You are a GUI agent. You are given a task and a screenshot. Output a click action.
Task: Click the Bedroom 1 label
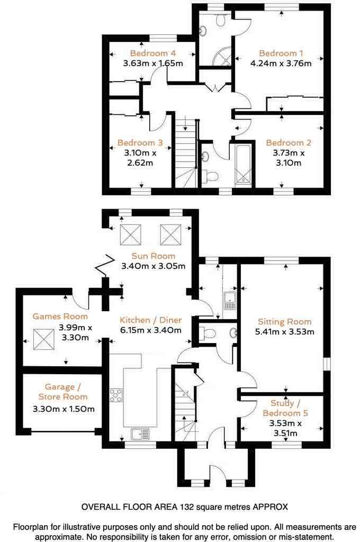(x=281, y=53)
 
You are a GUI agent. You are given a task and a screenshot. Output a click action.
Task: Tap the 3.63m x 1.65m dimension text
(x=153, y=64)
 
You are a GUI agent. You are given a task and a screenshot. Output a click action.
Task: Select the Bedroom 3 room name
(x=140, y=143)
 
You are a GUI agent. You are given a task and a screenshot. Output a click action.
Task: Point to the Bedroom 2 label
(x=289, y=143)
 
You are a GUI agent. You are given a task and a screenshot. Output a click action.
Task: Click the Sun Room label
(x=154, y=256)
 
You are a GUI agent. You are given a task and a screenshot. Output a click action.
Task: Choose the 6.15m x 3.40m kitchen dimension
(x=151, y=330)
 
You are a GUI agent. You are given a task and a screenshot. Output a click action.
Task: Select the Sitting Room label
(x=285, y=322)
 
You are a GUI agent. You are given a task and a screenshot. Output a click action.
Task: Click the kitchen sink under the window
(x=140, y=434)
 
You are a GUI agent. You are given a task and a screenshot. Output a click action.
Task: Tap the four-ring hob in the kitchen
(x=116, y=395)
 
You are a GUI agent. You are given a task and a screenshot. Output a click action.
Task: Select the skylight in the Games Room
(x=44, y=340)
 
